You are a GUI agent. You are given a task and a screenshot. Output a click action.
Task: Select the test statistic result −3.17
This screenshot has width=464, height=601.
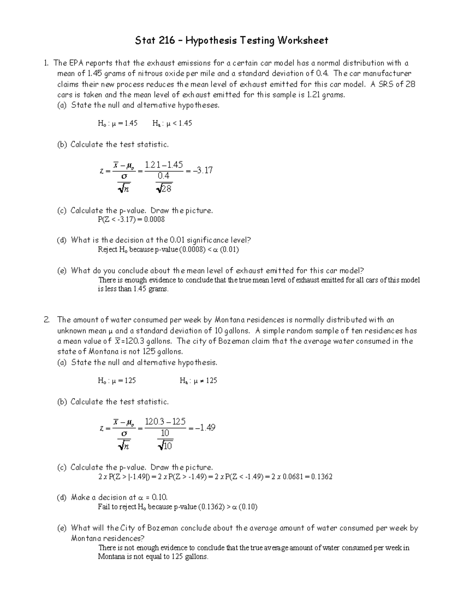[x=202, y=170]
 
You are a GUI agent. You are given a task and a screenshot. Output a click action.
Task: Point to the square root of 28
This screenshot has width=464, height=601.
[x=164, y=188]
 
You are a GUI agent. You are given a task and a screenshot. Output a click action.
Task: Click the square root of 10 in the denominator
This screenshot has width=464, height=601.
[x=165, y=446]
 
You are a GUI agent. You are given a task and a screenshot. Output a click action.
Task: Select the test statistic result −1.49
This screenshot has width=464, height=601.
[x=204, y=428]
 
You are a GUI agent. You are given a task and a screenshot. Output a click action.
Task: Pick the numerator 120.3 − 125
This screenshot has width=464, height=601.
[x=165, y=421]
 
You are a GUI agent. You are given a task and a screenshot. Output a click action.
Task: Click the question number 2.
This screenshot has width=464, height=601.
[x=46, y=320]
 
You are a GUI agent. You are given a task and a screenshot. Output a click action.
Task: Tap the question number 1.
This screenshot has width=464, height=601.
[x=46, y=63]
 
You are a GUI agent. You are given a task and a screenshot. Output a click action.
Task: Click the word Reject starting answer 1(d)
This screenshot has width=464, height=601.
[x=107, y=250]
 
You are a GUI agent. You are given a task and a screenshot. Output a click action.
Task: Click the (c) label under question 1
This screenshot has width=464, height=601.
[x=62, y=211]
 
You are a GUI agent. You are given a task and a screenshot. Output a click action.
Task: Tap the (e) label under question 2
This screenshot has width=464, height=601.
[x=62, y=528]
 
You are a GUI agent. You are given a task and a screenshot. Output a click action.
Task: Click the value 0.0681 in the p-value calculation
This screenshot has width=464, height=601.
[x=289, y=477]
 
